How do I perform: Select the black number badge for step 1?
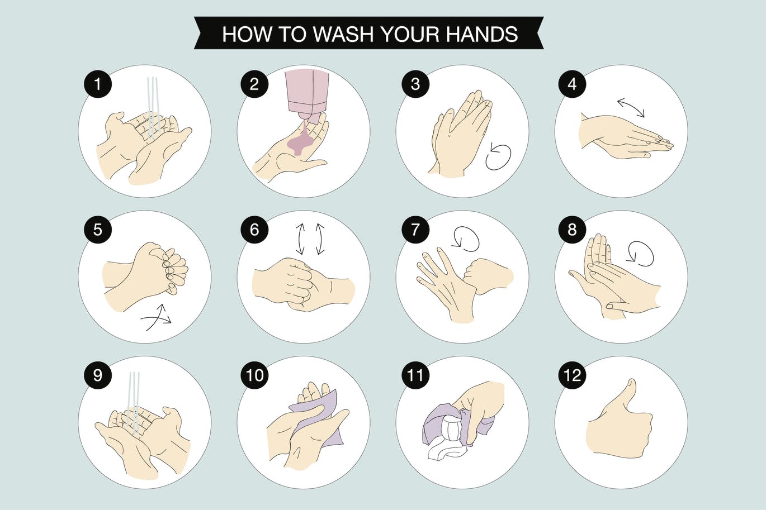[98, 84]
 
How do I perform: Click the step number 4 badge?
[571, 84]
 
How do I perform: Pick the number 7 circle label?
[415, 230]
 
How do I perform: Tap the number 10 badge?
[254, 375]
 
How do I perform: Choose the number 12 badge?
[572, 375]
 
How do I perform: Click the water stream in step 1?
[152, 106]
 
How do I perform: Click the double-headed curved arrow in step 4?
[631, 108]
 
